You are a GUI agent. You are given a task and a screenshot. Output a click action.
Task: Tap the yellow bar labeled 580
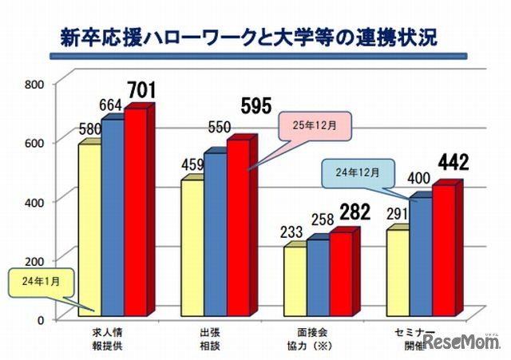[x=89, y=231]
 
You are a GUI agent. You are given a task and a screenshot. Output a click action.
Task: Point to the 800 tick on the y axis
[x=34, y=83]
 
